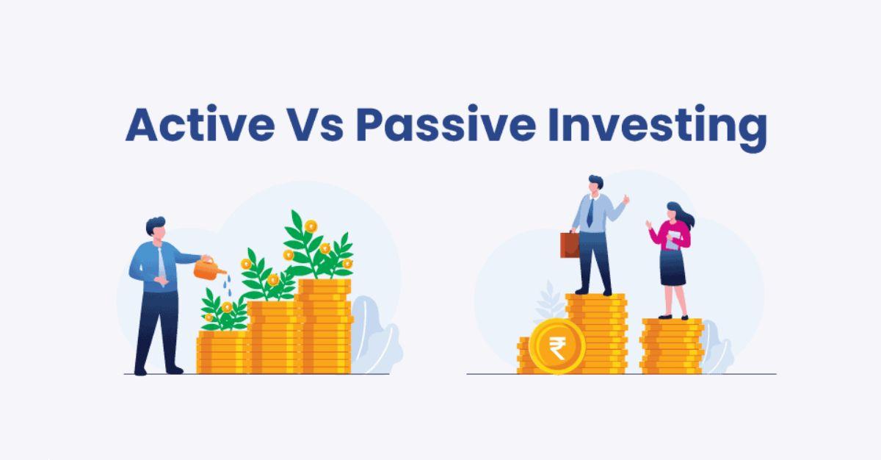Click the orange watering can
click(x=209, y=269)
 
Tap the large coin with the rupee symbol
click(x=556, y=348)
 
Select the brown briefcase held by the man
click(x=569, y=244)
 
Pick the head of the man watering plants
click(x=156, y=229)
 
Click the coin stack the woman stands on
click(x=671, y=345)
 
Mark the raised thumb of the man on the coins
click(x=626, y=198)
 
